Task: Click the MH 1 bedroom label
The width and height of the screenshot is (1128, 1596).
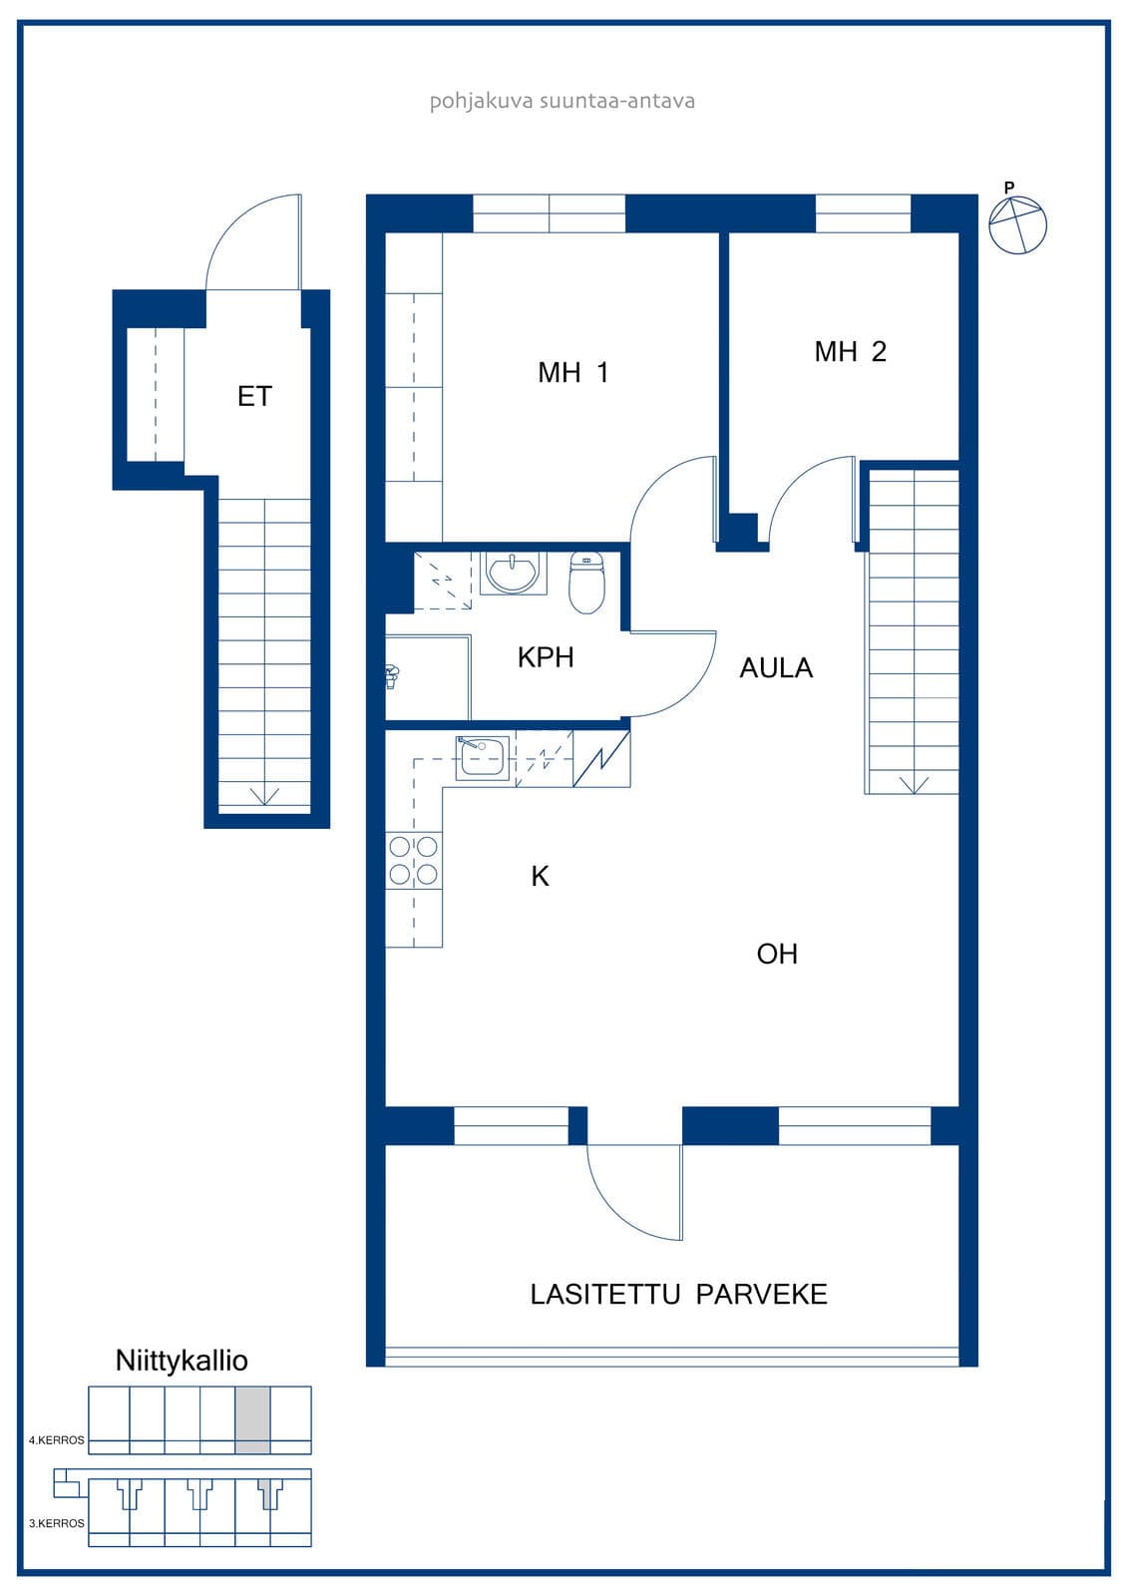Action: pyautogui.click(x=572, y=373)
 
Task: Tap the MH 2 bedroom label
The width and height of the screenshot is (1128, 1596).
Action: pyautogui.click(x=850, y=352)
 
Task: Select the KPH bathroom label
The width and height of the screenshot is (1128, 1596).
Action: pyautogui.click(x=546, y=657)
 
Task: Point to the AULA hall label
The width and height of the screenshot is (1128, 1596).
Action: pyautogui.click(x=776, y=668)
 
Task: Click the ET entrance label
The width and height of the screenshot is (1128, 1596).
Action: pyautogui.click(x=254, y=397)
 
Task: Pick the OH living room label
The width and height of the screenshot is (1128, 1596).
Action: pyautogui.click(x=777, y=954)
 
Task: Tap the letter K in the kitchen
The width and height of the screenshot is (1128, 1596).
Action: pyautogui.click(x=541, y=877)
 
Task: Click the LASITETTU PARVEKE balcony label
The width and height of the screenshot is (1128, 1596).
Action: pyautogui.click(x=678, y=1295)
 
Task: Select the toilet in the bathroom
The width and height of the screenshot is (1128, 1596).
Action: pyautogui.click(x=586, y=584)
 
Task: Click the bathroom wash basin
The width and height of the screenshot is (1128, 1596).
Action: pyautogui.click(x=511, y=573)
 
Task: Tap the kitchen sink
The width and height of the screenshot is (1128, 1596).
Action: pyautogui.click(x=483, y=758)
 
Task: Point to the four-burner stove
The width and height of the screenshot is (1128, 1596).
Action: pyautogui.click(x=413, y=861)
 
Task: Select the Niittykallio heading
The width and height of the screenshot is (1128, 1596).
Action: pyautogui.click(x=182, y=1361)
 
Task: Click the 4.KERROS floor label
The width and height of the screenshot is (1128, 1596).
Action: pyautogui.click(x=56, y=1440)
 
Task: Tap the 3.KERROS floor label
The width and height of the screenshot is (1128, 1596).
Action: pyautogui.click(x=56, y=1523)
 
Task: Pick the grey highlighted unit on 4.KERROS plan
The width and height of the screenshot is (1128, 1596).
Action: pyautogui.click(x=253, y=1420)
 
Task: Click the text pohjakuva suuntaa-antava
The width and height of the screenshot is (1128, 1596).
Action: pyautogui.click(x=563, y=101)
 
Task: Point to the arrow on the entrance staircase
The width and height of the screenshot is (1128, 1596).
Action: pyautogui.click(x=264, y=796)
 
